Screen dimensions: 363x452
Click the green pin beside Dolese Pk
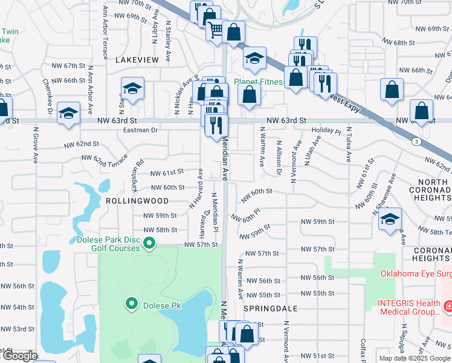(131, 303)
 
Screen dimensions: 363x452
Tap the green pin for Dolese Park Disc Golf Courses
(150, 244)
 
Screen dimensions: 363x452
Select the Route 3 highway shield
(416, 141)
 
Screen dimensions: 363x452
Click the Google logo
(20, 356)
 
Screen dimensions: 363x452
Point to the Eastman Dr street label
(140, 130)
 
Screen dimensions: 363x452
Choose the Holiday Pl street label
(326, 131)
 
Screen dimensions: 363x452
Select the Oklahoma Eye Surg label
(415, 273)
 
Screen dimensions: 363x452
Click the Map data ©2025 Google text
(414, 358)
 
